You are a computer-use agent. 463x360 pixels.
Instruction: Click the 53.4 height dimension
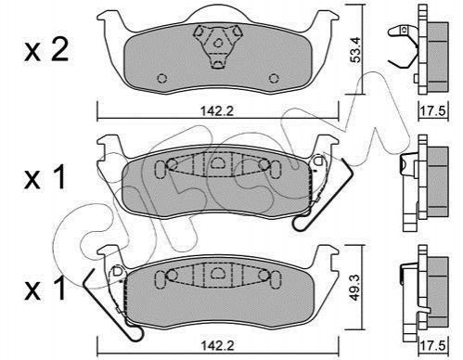click(x=356, y=50)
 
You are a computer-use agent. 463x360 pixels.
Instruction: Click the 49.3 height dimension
click(x=355, y=289)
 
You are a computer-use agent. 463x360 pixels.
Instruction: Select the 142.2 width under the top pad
click(x=217, y=110)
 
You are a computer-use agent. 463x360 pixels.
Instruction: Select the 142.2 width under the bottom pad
click(x=217, y=345)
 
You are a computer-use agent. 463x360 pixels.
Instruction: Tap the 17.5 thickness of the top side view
click(x=433, y=110)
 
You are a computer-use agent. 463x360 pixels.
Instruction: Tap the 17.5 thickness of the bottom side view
click(x=433, y=345)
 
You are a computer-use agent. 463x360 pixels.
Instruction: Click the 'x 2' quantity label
click(x=46, y=50)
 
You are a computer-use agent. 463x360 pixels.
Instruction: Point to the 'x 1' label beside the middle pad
click(x=45, y=176)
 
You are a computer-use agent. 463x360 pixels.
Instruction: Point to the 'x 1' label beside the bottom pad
click(x=45, y=289)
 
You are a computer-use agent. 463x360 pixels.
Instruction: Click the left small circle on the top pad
click(x=162, y=79)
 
